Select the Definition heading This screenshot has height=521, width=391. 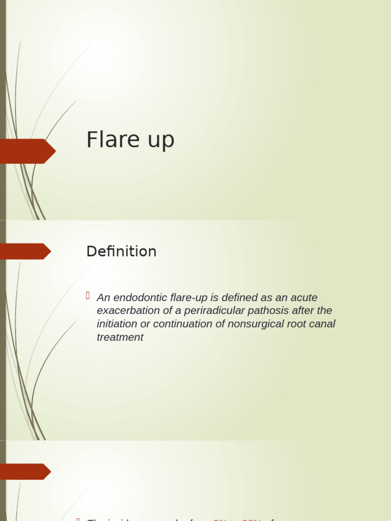121,251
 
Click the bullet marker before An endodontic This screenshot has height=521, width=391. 89,296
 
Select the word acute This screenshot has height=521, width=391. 304,298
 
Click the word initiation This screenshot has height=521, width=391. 117,324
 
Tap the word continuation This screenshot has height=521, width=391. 186,324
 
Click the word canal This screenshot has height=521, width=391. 325,324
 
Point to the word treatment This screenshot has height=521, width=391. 120,337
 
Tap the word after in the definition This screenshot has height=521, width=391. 303,311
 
